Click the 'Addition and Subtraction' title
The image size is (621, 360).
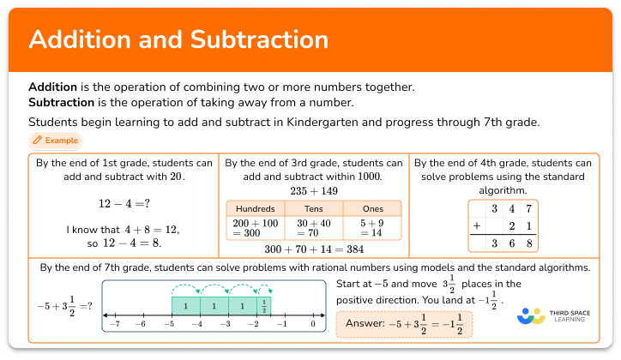point(178,40)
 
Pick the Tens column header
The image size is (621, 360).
point(313,208)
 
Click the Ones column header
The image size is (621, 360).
point(372,208)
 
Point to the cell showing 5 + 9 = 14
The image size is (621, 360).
point(372,227)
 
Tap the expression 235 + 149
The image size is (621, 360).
point(313,190)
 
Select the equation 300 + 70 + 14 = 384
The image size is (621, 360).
point(313,249)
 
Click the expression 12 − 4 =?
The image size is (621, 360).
point(125,205)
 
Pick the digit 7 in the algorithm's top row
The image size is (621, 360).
point(529,208)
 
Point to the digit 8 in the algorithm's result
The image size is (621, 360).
point(529,243)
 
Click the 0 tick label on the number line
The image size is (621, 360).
point(314,326)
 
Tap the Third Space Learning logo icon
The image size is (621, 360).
point(532,316)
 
